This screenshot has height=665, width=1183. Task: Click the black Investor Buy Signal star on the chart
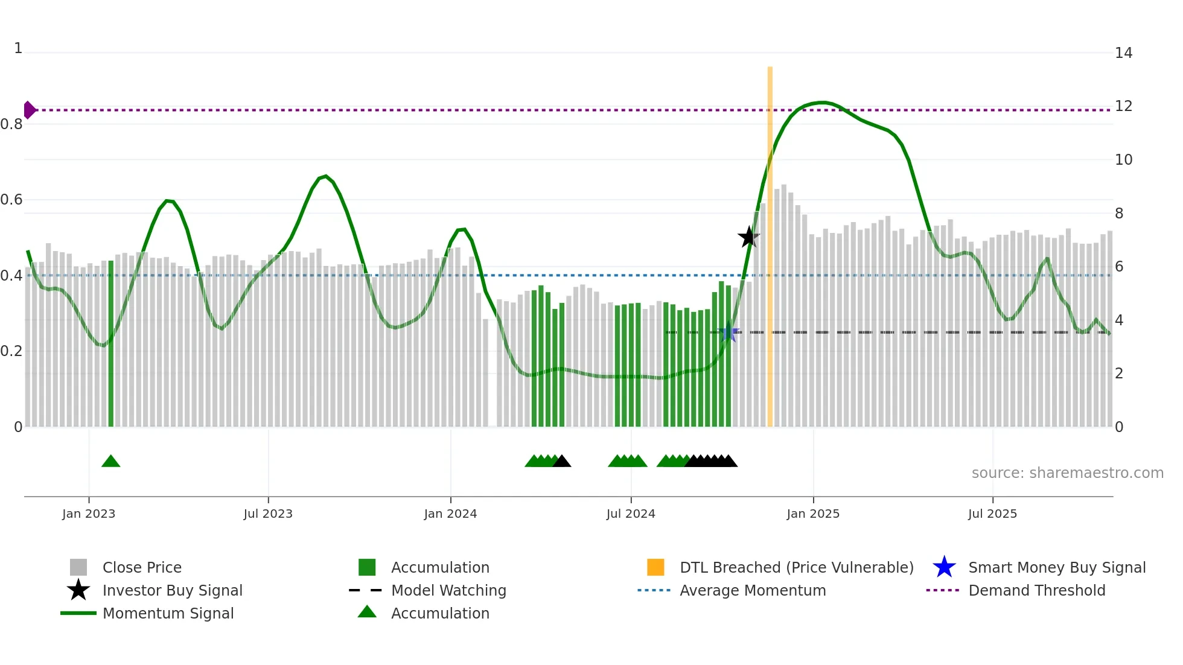point(748,237)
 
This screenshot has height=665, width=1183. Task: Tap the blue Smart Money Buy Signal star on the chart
point(729,332)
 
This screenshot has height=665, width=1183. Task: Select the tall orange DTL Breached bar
point(770,241)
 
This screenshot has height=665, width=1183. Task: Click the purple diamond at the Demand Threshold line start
point(29,110)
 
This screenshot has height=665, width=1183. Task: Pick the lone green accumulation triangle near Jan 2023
point(111,462)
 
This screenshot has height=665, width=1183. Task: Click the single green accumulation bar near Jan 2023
point(111,344)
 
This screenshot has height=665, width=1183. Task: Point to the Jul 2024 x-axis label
point(631,514)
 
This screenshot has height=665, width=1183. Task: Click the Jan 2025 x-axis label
point(813,514)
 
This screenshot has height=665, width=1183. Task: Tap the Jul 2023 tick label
point(268,514)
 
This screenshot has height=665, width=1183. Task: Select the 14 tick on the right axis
point(1123,53)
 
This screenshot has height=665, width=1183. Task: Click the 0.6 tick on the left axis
point(11,200)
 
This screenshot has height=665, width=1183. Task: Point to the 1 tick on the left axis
point(18,48)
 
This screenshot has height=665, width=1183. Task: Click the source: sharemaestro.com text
point(1067,473)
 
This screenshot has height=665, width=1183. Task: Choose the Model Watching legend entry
point(448,590)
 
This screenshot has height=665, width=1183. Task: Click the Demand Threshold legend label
point(1036,590)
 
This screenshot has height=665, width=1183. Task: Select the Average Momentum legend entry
point(753,590)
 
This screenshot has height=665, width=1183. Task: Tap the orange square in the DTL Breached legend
point(655,567)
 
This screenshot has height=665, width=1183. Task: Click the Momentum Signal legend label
point(168,613)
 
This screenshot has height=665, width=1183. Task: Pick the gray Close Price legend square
point(78,567)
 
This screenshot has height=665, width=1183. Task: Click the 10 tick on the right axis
point(1123,160)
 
